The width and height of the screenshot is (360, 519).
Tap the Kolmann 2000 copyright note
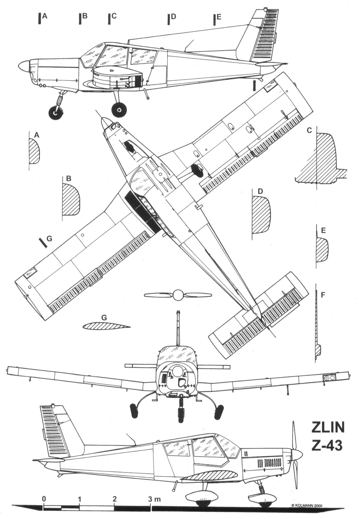pos(308,505)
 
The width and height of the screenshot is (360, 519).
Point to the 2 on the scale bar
pos(114,499)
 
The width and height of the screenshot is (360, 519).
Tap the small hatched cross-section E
pos(322,250)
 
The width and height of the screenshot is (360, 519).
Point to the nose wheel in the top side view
pos(55,113)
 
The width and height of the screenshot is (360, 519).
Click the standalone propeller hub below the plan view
pos(177,295)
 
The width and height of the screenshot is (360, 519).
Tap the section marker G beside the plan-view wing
pos(49,239)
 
